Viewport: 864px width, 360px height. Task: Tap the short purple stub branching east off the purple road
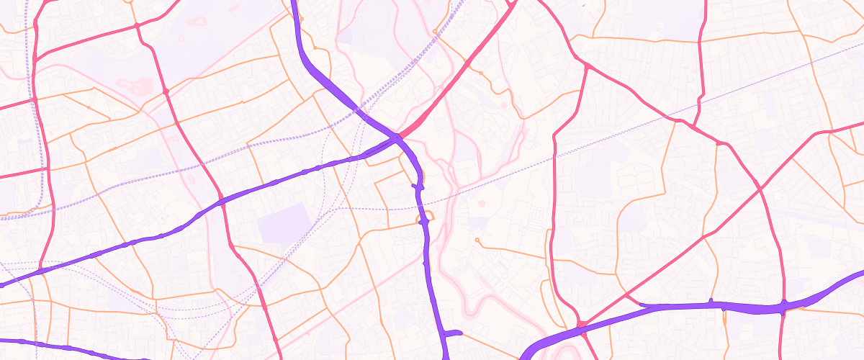pyautogui.click(x=454, y=333)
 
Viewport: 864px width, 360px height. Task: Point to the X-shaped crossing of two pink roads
pyautogui.click(x=760, y=189)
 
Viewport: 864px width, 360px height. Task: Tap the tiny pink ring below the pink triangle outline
pyautogui.click(x=181, y=40)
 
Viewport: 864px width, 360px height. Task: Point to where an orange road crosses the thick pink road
pyautogui.click(x=469, y=66)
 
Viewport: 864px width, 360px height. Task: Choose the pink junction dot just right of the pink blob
pyautogui.click(x=166, y=91)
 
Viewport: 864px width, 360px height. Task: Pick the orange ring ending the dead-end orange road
pyautogui.click(x=477, y=240)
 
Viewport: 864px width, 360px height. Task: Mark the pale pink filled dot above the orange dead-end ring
pyautogui.click(x=481, y=204)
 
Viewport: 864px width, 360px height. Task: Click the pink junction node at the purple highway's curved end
pyautogui.click(x=582, y=325)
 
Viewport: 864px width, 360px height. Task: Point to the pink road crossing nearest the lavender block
pyautogui.click(x=222, y=203)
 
